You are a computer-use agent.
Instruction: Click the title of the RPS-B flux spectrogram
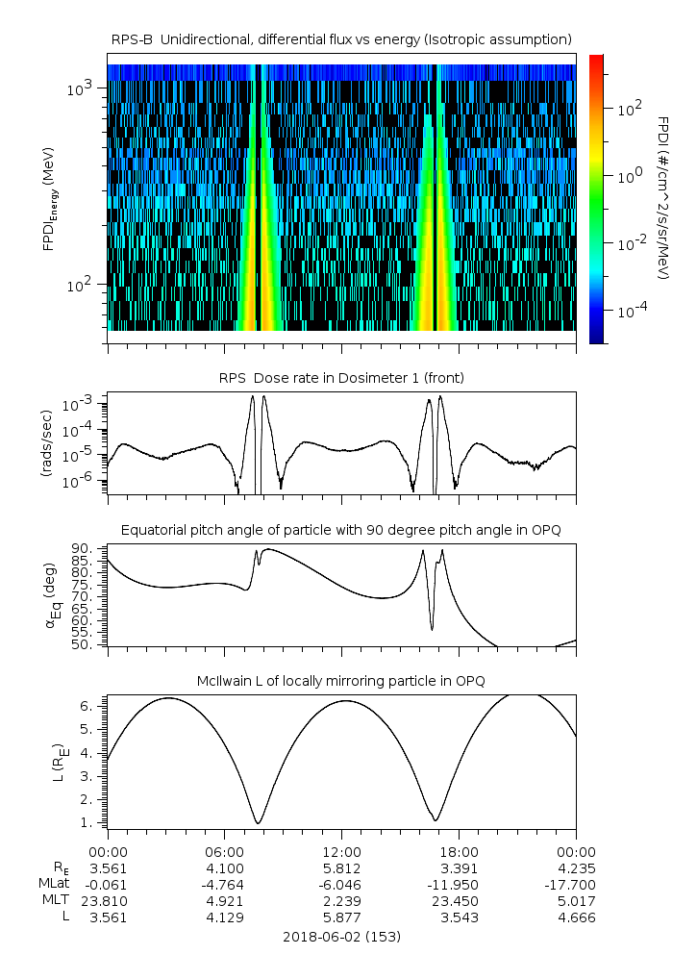[341, 40]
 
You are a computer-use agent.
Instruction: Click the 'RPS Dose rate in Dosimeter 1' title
[341, 378]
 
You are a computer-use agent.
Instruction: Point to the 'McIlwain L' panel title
[341, 681]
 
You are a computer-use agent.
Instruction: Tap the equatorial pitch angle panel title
[341, 531]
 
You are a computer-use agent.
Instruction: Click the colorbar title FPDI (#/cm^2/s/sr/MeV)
[664, 197]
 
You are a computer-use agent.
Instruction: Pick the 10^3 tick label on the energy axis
[79, 88]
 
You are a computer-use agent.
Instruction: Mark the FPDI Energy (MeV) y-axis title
[50, 199]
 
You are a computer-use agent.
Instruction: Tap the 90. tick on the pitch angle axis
[83, 549]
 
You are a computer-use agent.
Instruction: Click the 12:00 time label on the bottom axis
[341, 852]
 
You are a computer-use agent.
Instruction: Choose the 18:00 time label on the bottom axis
[459, 852]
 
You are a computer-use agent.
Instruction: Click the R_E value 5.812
[341, 868]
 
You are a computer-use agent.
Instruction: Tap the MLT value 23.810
[108, 901]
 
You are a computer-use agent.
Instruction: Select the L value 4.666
[577, 917]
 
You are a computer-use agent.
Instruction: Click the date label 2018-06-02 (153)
[341, 937]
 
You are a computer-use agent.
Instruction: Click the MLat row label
[54, 884]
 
